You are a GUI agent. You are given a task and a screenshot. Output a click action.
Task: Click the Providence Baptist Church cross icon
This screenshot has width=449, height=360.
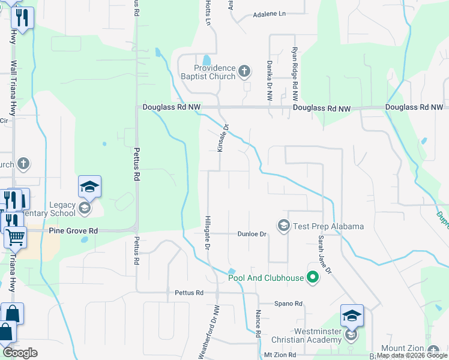[244, 73]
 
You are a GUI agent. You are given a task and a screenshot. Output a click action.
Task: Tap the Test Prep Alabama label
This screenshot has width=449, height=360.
[328, 226]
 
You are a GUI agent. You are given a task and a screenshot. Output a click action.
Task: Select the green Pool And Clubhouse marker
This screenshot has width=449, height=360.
[312, 277]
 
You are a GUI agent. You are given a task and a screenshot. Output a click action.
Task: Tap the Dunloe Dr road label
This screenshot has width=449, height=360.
[252, 234]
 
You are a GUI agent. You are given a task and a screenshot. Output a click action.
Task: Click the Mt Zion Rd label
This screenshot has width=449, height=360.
[280, 355]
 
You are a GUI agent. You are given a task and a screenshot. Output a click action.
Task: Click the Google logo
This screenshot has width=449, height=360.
[19, 353]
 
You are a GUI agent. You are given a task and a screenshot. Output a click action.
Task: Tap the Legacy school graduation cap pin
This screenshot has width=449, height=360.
[89, 187]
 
